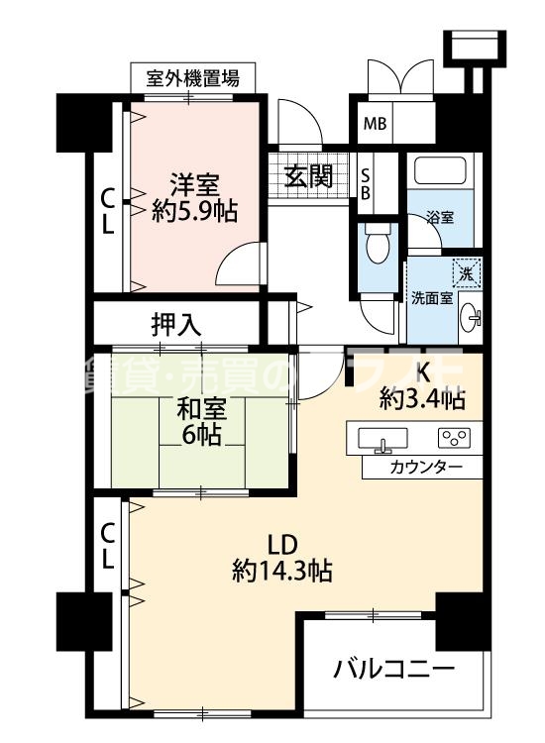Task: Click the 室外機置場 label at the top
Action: (x=192, y=78)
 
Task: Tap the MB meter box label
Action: (x=376, y=124)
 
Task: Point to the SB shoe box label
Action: (x=365, y=183)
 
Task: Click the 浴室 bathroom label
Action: (x=440, y=218)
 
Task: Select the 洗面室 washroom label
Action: (x=432, y=297)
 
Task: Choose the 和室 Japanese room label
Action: (x=200, y=407)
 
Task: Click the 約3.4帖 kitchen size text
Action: (x=423, y=398)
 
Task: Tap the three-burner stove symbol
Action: (x=455, y=437)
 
